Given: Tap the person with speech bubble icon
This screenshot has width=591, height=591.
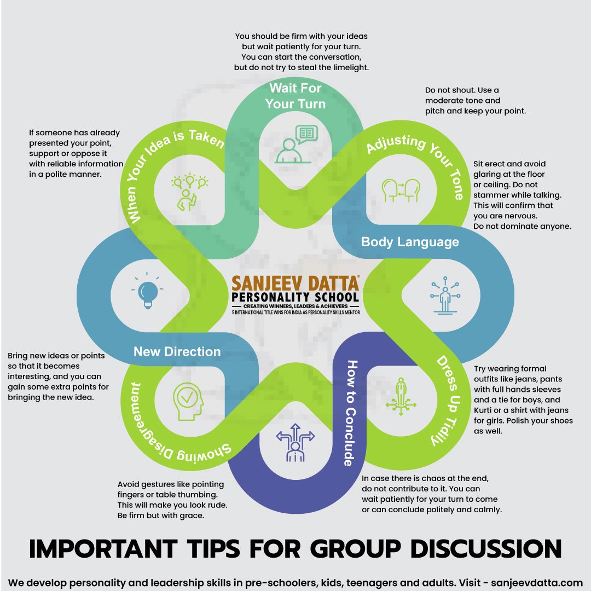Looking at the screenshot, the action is [x=296, y=144].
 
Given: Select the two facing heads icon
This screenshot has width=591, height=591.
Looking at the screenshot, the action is [x=401, y=190].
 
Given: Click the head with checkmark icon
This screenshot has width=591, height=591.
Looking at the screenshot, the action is [x=188, y=402].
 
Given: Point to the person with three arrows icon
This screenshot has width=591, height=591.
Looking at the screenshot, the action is [x=295, y=443].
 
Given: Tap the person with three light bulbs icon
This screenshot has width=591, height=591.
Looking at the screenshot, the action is [x=189, y=192].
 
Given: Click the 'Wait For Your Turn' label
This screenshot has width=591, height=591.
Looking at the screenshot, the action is [x=296, y=96].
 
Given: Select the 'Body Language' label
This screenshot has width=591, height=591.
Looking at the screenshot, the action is [x=410, y=242].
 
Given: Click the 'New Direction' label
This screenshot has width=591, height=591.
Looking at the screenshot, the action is [x=177, y=352].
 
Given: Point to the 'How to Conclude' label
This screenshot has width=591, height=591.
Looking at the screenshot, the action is [x=351, y=413].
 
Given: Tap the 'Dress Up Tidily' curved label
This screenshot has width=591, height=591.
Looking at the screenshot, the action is [x=447, y=400].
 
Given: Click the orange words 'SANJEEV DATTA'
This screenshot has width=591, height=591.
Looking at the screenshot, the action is [x=296, y=283].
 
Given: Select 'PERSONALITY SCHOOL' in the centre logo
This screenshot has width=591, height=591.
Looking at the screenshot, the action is [x=296, y=297].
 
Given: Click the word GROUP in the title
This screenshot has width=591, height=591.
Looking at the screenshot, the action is [x=356, y=549].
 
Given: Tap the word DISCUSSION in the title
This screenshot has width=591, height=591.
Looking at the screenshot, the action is [x=486, y=549].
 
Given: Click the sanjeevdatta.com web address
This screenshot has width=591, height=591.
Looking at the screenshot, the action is [x=537, y=583].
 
